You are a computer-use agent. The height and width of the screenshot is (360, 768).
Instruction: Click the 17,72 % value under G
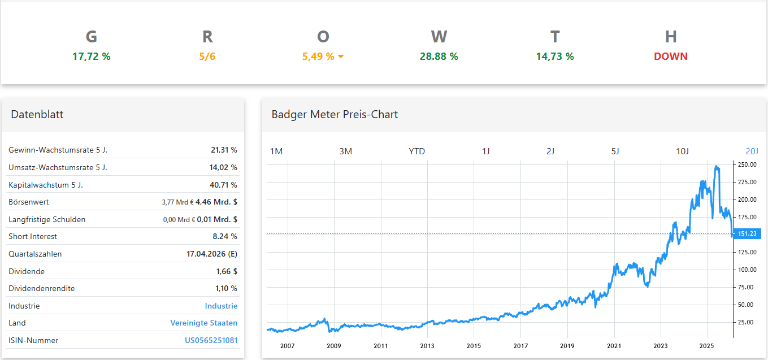(91, 57)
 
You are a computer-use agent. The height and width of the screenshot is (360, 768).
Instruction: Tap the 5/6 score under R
(207, 57)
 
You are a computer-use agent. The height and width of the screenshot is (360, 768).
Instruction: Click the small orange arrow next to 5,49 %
(341, 57)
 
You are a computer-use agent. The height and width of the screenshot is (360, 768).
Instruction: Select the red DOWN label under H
(670, 57)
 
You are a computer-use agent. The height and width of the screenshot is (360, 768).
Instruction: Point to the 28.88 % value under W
(439, 57)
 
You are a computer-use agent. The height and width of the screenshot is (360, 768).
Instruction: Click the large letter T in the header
(554, 37)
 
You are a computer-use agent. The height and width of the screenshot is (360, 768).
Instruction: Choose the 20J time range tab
(752, 151)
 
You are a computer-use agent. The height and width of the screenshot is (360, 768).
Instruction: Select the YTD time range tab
(416, 151)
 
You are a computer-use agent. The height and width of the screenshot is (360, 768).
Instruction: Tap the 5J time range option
(615, 151)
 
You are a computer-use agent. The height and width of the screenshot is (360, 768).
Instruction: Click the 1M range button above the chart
(276, 151)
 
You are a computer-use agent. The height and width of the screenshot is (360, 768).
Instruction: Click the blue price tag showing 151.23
(747, 233)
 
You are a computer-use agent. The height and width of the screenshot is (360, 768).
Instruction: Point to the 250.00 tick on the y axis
(747, 164)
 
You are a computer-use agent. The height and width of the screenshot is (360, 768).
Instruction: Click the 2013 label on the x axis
(427, 345)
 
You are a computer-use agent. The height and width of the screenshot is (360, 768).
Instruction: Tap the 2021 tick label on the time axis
(614, 345)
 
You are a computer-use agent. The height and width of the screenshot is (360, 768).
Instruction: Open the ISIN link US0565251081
(211, 340)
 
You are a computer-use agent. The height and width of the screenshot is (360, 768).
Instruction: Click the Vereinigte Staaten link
(203, 323)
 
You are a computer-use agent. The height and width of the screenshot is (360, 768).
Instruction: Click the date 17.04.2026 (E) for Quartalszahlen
(211, 254)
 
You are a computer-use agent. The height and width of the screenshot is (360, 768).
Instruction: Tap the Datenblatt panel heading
(37, 114)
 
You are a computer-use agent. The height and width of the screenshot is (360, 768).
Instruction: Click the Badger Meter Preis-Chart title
(335, 114)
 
